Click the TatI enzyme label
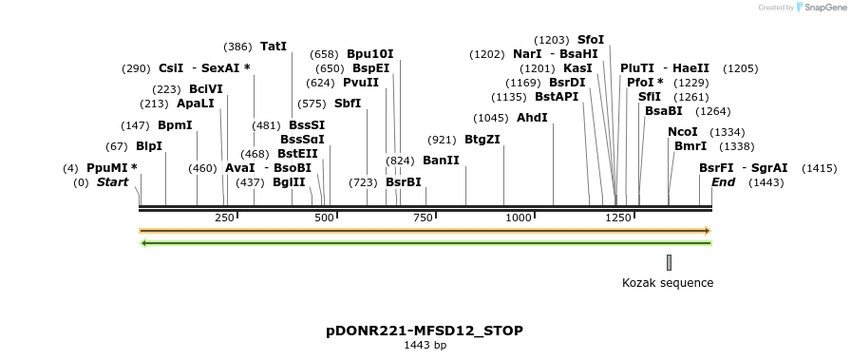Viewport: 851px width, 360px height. click(x=273, y=46)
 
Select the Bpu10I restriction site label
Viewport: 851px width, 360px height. click(x=369, y=54)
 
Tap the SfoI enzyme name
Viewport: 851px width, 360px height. click(x=590, y=40)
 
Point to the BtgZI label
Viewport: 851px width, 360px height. click(x=482, y=139)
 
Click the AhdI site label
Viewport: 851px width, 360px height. click(x=532, y=118)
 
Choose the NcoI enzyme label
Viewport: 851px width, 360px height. click(x=682, y=132)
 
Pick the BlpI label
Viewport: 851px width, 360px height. click(x=149, y=146)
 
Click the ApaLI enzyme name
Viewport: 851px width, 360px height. click(x=196, y=104)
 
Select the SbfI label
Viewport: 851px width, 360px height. click(x=348, y=104)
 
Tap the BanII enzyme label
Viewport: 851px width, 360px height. click(x=441, y=161)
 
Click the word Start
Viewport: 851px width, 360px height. click(x=112, y=182)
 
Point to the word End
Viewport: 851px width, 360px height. click(x=723, y=182)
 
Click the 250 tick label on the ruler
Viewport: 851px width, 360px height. click(x=225, y=218)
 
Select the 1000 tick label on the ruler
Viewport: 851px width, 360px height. click(x=519, y=218)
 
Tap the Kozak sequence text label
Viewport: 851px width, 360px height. click(x=668, y=282)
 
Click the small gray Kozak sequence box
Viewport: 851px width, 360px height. click(x=669, y=262)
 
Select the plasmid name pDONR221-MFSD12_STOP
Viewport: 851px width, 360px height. click(x=425, y=331)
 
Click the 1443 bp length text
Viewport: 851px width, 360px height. click(x=425, y=345)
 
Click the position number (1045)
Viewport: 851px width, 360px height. click(x=491, y=118)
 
